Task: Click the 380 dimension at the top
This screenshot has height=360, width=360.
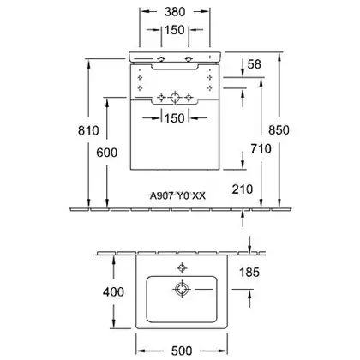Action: point(175,12)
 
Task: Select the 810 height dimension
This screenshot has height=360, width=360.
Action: point(88,130)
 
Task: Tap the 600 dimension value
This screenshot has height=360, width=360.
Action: point(107,153)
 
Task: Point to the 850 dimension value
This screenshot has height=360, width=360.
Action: point(279,130)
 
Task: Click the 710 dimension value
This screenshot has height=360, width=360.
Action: point(261,148)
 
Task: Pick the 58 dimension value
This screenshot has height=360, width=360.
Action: point(255,64)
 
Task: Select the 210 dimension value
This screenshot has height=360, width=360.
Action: point(243,189)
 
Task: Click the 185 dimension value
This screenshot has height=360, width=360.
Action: point(249,272)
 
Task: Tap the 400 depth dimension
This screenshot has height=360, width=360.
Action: point(113,291)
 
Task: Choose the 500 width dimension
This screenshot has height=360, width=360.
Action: point(182,351)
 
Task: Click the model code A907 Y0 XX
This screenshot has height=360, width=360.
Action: point(177,195)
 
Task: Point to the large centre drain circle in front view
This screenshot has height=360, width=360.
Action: point(174,98)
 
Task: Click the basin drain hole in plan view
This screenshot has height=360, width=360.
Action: point(182,289)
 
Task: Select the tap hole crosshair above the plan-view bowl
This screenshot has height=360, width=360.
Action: point(182,268)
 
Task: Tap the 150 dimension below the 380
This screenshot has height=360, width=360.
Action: point(175,30)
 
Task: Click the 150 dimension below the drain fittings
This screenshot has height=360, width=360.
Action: point(175,117)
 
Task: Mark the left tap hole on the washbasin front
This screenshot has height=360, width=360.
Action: point(161,59)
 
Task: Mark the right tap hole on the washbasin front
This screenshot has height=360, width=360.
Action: point(189,59)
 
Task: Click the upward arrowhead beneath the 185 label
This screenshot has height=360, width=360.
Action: point(249,294)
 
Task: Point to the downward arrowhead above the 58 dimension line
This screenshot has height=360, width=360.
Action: point(243,72)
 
